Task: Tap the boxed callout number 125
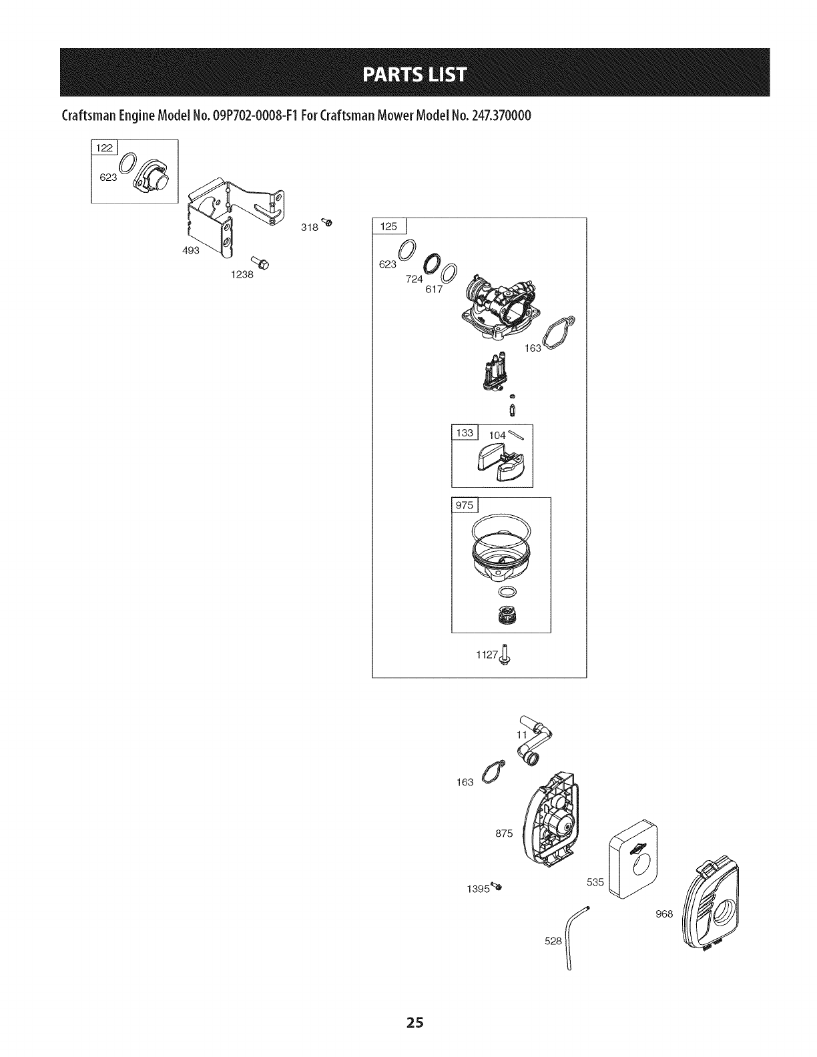(388, 227)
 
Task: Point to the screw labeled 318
(326, 221)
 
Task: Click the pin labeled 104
(518, 436)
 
